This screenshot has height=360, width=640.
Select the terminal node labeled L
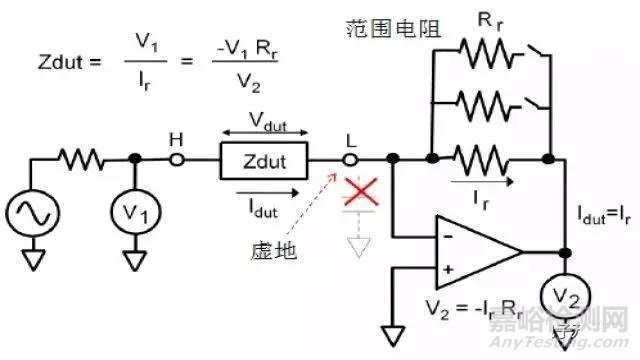click(350, 159)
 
